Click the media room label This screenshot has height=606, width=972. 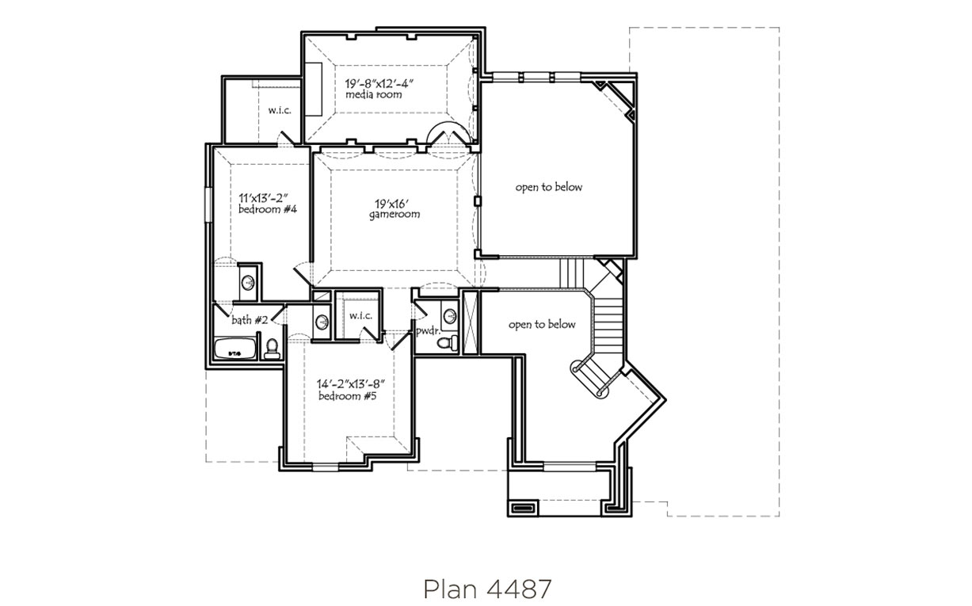[x=374, y=94]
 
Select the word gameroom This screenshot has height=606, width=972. [x=395, y=215]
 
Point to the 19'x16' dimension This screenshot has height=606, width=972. [x=392, y=204]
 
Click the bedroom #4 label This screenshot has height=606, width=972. [x=268, y=209]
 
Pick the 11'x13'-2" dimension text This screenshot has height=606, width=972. [x=263, y=198]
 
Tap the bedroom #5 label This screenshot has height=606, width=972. [x=348, y=396]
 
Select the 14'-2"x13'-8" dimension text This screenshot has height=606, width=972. [x=351, y=384]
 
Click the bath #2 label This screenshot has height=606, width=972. [x=250, y=320]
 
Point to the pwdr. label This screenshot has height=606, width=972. [x=429, y=331]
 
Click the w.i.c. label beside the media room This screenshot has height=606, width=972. [x=280, y=110]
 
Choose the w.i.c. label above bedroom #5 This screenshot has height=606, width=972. [x=360, y=316]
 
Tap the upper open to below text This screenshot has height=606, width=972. [x=549, y=188]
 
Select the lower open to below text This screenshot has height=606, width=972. [x=542, y=325]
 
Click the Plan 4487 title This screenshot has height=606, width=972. [x=487, y=589]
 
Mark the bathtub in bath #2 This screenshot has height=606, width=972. [x=235, y=349]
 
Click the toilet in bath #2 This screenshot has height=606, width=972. [x=272, y=349]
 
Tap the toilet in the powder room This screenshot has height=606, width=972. [x=448, y=342]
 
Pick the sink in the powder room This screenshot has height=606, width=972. [x=450, y=314]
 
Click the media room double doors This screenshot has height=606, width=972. [x=449, y=133]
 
